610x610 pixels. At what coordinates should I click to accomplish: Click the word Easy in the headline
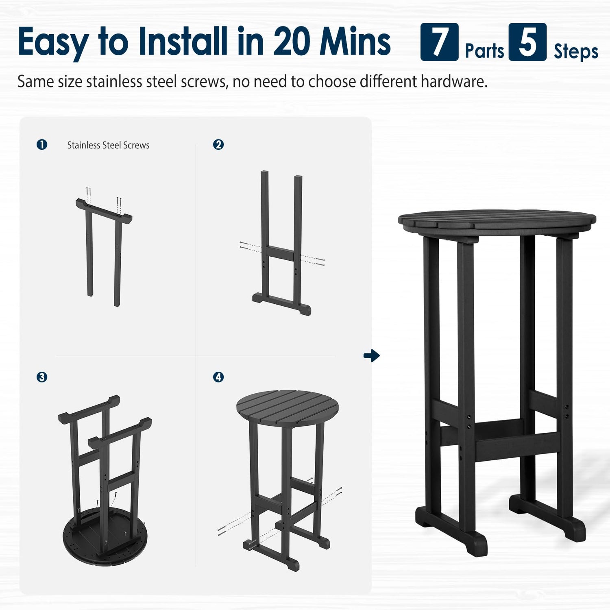pos(53,42)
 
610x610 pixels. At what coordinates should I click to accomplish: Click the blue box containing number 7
pos(439,42)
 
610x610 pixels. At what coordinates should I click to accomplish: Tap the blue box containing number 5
pos(527,42)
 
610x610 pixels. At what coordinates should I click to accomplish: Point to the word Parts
pos(484,51)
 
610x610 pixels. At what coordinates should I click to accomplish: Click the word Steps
pos(576,52)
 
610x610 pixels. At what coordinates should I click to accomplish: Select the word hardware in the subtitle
pos(454,82)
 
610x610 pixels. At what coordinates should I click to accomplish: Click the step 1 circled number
pos(42,144)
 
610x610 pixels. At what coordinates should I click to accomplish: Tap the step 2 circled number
pos(218,144)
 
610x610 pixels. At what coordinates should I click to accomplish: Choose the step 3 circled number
pos(42,377)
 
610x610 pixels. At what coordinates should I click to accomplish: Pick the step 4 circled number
pos(218,377)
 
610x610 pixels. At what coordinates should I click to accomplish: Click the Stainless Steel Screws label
pos(108,145)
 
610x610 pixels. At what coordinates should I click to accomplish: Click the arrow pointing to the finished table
pos(372,356)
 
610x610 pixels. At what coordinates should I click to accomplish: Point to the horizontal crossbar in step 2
pos(280,253)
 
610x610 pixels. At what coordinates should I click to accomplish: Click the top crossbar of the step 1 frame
pos(104,210)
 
